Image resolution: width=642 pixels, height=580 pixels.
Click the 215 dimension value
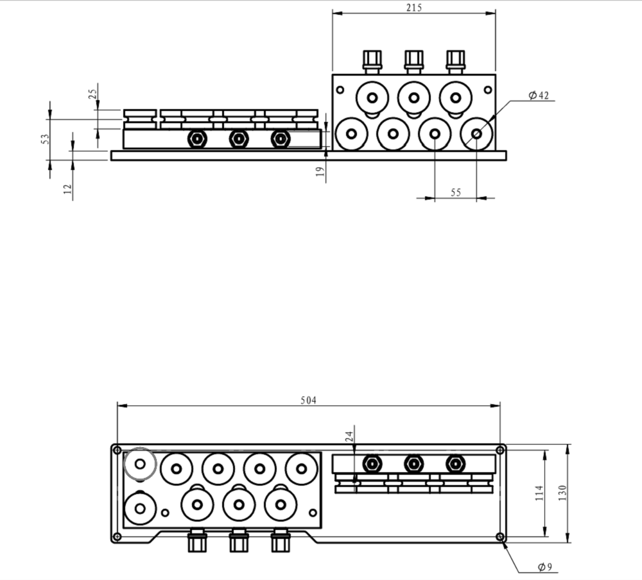coord(414,8)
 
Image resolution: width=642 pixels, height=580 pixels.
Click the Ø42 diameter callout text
coord(539,96)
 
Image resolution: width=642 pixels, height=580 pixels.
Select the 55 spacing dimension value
coord(456,192)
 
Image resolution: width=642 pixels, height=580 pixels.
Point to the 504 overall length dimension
coord(309,400)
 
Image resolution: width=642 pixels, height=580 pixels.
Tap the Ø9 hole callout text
coord(545,567)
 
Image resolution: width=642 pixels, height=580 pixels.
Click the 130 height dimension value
coord(562,493)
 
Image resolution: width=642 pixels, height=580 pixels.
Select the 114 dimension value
coord(539,493)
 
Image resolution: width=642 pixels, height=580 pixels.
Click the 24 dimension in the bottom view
coord(349,436)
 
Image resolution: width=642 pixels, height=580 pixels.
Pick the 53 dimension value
coord(44,139)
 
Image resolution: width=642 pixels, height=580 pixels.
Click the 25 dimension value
coord(92,93)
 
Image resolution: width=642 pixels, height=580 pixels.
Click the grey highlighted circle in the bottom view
coord(140,463)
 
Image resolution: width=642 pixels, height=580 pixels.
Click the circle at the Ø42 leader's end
coord(476,133)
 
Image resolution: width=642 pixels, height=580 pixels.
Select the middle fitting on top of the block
coord(413,61)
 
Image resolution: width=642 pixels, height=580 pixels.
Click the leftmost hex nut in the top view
coord(197,139)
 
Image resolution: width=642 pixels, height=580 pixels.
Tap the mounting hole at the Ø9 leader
coord(500,536)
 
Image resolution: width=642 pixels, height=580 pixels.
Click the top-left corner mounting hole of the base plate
coord(117,450)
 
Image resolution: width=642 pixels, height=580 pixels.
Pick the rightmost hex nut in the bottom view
coord(455,463)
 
